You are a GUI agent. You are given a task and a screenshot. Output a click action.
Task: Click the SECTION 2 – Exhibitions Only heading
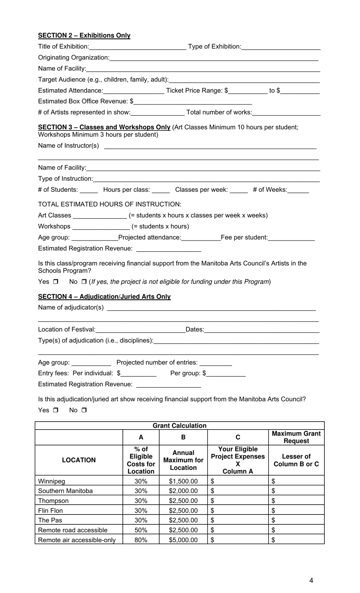coord(84,35)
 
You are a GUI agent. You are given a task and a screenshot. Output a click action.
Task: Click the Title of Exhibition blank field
coord(138,47)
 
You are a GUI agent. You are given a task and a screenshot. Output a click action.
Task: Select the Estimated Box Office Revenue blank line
coord(193,102)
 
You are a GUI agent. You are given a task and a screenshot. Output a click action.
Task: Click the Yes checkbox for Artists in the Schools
coord(56,282)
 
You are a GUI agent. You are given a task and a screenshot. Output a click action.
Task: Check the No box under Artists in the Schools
coord(84,282)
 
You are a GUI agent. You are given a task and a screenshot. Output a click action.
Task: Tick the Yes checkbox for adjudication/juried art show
coord(56,410)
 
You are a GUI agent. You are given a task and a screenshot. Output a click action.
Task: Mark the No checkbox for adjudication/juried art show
coord(84,410)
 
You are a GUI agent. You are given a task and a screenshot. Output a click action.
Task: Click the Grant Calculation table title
coord(180,425)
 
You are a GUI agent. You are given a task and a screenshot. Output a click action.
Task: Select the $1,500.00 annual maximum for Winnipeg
coord(183,481)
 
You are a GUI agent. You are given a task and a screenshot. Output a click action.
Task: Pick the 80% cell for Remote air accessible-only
coord(141,540)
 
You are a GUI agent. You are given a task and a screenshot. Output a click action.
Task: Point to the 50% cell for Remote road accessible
coord(141,530)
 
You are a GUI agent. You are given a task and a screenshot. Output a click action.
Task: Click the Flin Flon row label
coord(51,511)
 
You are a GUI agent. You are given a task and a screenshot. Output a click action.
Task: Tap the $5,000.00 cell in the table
coord(183,540)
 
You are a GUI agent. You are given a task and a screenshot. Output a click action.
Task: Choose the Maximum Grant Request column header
coord(296,437)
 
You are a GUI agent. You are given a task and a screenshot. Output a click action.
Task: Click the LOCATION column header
coord(79,460)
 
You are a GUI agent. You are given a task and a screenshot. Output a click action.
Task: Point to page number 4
coord(311,580)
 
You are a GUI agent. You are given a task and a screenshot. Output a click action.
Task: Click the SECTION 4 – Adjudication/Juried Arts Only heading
coord(104,296)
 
